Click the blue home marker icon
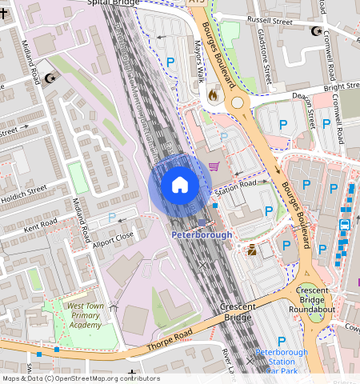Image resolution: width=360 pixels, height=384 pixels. pos(180,186)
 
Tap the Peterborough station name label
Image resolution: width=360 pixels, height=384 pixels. pos(202,235)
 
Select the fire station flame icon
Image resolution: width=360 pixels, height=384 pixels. pos(213,94)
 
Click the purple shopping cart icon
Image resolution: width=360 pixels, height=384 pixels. pos(214,166)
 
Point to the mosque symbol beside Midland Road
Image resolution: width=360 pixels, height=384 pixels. pos(52,78)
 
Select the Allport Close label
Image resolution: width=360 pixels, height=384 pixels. pos(114,238)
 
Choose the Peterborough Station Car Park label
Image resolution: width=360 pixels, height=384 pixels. pos(281,361)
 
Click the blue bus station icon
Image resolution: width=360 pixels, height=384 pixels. pos(345,224)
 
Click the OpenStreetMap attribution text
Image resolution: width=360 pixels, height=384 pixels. pos(80,378)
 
